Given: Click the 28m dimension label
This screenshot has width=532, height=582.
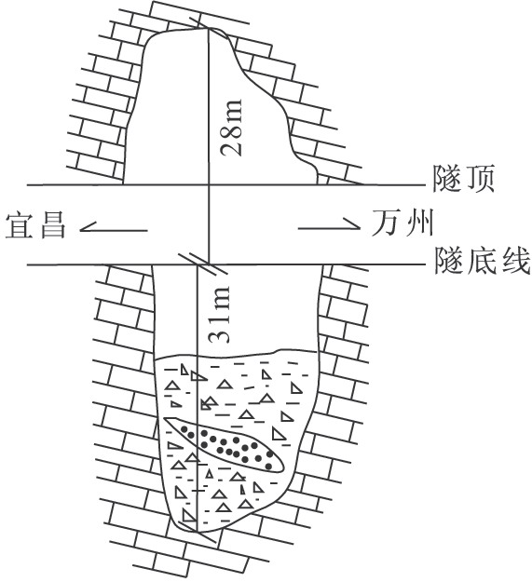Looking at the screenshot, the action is [x=231, y=127].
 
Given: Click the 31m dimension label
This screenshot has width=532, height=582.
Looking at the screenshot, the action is [x=219, y=314].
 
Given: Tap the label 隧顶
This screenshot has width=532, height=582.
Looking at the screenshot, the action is [x=464, y=179].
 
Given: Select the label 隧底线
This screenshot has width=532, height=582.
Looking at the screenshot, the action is [x=482, y=261].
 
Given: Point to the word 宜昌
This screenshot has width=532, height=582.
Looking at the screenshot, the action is [x=36, y=224].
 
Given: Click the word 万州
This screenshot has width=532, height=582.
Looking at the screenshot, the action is [x=402, y=223].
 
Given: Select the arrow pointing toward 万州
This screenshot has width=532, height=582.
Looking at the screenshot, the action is [x=329, y=223].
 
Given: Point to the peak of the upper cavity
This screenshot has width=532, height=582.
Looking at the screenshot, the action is [x=207, y=29].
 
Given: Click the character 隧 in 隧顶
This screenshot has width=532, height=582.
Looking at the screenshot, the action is [x=448, y=179].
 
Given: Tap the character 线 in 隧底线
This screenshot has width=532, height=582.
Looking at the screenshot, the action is [x=514, y=261].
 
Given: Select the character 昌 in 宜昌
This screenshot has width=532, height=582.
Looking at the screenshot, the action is [x=52, y=224].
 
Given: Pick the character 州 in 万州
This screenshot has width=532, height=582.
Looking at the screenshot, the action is [x=419, y=223].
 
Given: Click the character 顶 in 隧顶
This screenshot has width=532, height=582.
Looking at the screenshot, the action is [x=480, y=179].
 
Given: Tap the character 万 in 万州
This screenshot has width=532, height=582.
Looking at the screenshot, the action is [x=387, y=223].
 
